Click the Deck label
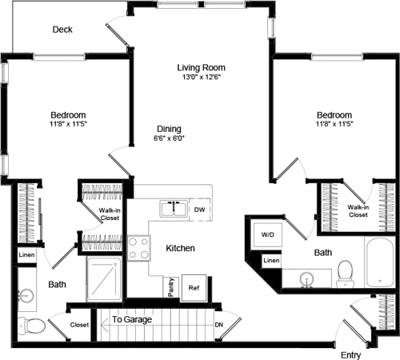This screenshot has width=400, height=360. tap(62, 30)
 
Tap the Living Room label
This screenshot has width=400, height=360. tap(201, 67)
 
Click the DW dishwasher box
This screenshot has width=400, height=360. tap(200, 210)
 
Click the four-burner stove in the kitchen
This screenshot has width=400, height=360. tap(138, 247)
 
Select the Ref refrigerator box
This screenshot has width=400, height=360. tap(194, 287)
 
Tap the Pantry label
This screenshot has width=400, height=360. tap(170, 286)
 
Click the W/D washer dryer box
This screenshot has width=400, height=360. tap(266, 235)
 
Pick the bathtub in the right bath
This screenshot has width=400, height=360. tap(379, 262)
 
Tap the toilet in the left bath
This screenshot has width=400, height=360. tap(33, 326)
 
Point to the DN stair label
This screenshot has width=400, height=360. tap(218, 325)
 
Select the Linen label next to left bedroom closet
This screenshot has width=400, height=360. tap(26, 255)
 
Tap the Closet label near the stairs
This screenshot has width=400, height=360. tap(79, 326)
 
